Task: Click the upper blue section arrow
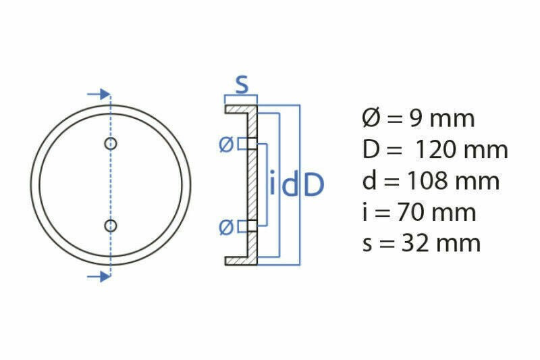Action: [x=99, y=94]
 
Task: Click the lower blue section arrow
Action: [x=99, y=276]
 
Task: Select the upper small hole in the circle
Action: [x=111, y=143]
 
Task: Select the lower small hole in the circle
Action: [x=111, y=226]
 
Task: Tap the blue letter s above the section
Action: [x=242, y=84]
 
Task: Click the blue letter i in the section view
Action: [x=273, y=182]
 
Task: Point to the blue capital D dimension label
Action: [x=314, y=185]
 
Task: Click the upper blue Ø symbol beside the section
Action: [x=226, y=144]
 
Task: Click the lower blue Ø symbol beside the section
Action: [x=226, y=228]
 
